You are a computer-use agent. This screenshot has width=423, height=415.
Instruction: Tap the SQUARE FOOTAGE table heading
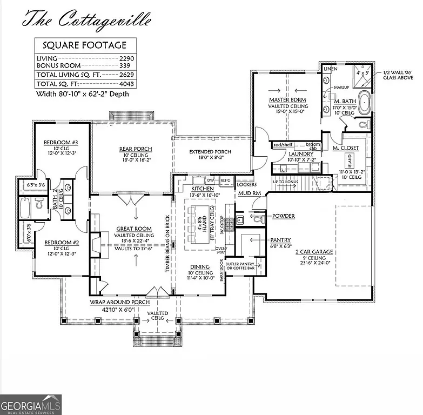[x=85, y=45]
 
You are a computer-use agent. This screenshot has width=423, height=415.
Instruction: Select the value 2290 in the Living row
[x=125, y=58]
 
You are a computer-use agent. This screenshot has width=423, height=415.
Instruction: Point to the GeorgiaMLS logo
[x=31, y=404]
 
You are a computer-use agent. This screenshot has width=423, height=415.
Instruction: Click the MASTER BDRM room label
[x=287, y=100]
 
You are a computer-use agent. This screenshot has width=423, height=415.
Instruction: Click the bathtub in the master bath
[x=365, y=103]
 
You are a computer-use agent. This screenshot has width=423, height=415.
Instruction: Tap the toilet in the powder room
[x=259, y=219]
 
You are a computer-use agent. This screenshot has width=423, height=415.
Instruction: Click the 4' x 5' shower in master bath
[x=362, y=74]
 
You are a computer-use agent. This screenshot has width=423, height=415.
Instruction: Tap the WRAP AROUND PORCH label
[x=120, y=302]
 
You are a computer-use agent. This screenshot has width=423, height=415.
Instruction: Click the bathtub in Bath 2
[x=25, y=206]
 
